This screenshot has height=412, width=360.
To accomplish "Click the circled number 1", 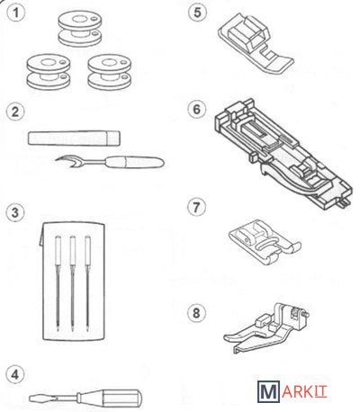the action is [15, 13].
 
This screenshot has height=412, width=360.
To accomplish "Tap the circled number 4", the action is [15, 374].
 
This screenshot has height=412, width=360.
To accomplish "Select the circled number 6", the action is [196, 110].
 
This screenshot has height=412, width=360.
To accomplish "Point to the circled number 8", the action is [196, 313].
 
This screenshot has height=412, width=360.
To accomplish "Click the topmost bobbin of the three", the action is [80, 29].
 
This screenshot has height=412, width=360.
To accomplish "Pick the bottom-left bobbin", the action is [49, 72].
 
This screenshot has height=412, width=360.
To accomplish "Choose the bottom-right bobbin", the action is [110, 72].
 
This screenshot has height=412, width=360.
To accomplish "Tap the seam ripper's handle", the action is [136, 162].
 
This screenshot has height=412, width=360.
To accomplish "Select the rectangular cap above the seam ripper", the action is [74, 139].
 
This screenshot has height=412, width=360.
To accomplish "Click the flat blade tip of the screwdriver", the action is [31, 399].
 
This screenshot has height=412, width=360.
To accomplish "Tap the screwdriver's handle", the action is [109, 398].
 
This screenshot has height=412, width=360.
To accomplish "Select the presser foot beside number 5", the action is [256, 43].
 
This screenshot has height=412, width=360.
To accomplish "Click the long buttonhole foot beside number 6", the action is [283, 154].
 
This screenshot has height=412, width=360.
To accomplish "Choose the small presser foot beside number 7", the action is [265, 242].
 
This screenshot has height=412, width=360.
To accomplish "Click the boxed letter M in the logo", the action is [268, 391].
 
